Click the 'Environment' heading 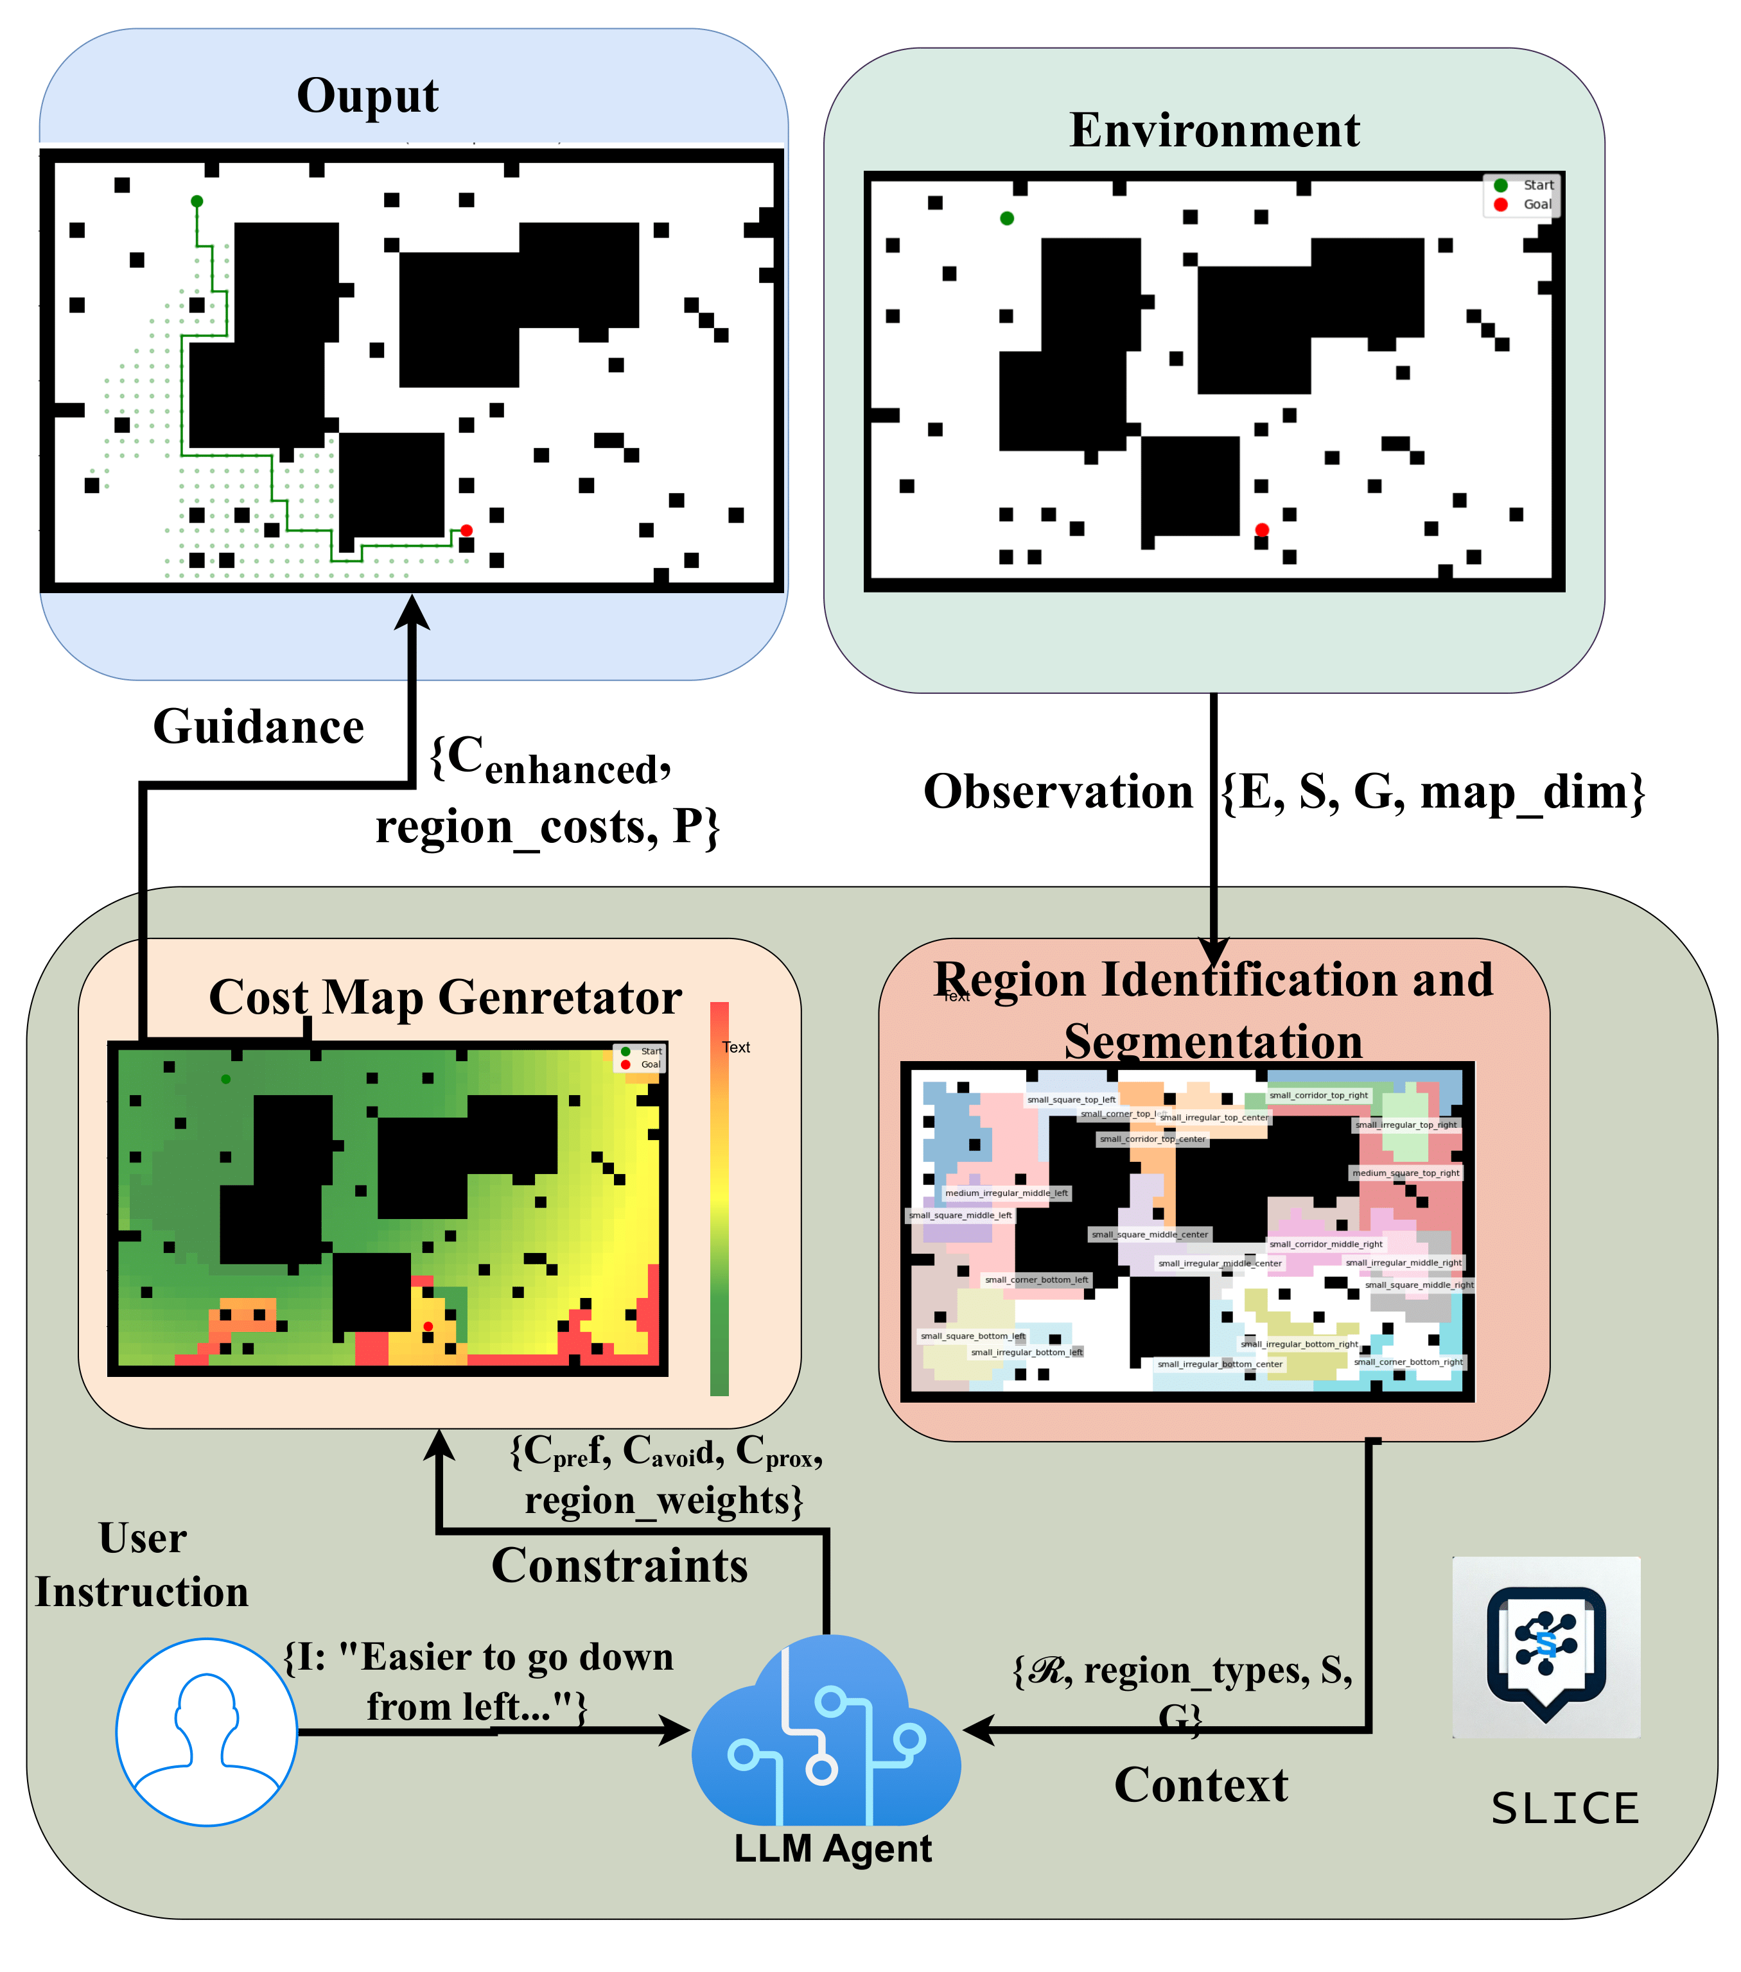[1213, 130]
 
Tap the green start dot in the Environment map [1006, 218]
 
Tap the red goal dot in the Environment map [1261, 530]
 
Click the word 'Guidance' [259, 727]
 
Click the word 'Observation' [1058, 791]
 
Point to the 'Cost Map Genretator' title [445, 998]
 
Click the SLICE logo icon [1545, 1649]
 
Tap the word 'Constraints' [620, 1565]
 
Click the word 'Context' [1200, 1785]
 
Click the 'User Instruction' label [142, 1565]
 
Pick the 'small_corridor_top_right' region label [1318, 1095]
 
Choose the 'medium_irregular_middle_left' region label [1006, 1193]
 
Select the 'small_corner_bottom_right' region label [1408, 1362]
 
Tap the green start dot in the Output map [197, 202]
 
